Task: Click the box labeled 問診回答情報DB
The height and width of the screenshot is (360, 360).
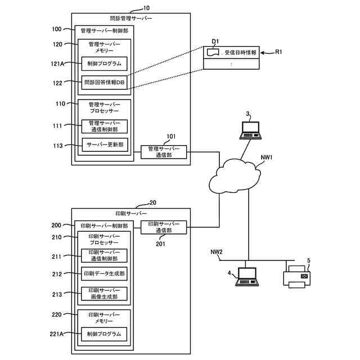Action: [x=104, y=83]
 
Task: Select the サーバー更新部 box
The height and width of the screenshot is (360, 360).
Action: [x=104, y=145]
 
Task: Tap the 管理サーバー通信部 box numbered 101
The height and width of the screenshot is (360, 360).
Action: [x=164, y=152]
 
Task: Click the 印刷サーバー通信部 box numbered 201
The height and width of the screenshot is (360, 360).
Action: [x=164, y=227]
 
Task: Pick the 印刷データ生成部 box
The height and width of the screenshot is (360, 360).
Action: [x=104, y=274]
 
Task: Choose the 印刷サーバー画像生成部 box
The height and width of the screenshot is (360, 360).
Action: [x=104, y=294]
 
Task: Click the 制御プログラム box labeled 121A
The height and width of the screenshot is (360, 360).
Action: [x=104, y=63]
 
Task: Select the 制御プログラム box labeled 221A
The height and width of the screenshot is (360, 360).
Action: [x=104, y=334]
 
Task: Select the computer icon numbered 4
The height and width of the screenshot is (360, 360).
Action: [x=246, y=277]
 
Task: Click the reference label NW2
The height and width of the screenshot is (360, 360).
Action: [x=217, y=251]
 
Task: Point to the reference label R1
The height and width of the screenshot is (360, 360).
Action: [x=281, y=52]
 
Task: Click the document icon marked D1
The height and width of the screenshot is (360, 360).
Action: [x=213, y=52]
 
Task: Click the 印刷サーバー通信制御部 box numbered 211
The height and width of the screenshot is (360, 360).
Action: [x=104, y=255]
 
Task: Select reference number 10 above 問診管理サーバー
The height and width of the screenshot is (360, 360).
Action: [x=147, y=8]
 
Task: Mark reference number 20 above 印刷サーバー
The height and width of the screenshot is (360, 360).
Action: [x=153, y=202]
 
